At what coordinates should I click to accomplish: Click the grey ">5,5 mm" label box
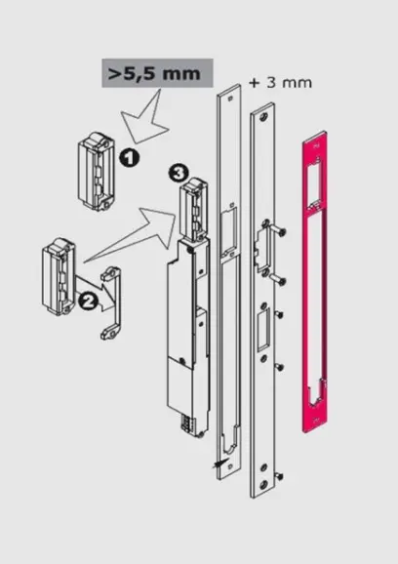157,73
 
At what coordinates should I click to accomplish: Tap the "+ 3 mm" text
280,83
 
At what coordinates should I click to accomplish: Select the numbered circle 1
129,158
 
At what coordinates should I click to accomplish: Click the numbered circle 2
88,300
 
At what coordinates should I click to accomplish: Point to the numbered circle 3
178,174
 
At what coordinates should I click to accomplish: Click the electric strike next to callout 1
96,171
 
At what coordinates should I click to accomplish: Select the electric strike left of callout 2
59,276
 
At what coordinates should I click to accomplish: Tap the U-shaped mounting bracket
111,303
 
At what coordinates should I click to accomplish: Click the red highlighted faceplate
314,281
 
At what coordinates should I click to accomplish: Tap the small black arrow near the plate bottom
220,463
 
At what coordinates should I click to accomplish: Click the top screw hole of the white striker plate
264,116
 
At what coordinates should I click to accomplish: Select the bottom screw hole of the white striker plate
263,484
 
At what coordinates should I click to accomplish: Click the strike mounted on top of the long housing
193,210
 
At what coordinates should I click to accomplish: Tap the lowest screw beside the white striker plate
279,476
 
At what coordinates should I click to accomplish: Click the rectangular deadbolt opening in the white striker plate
263,330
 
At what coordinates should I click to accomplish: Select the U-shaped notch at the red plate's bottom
316,393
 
